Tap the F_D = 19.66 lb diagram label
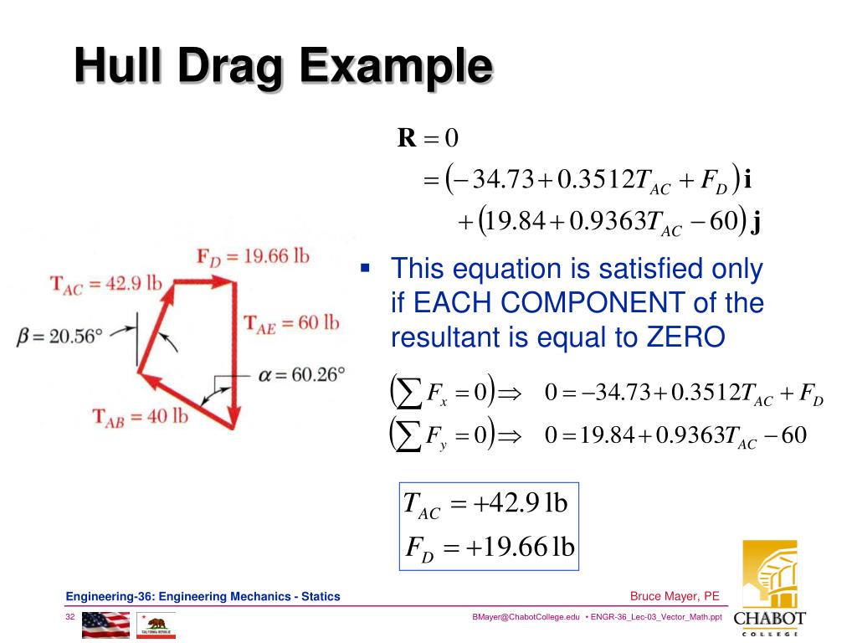253,257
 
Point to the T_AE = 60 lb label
291,322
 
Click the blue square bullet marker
365,269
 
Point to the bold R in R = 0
407,138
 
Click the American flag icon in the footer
106,625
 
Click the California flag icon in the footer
157,625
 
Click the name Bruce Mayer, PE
675,596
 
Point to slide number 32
71,617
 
